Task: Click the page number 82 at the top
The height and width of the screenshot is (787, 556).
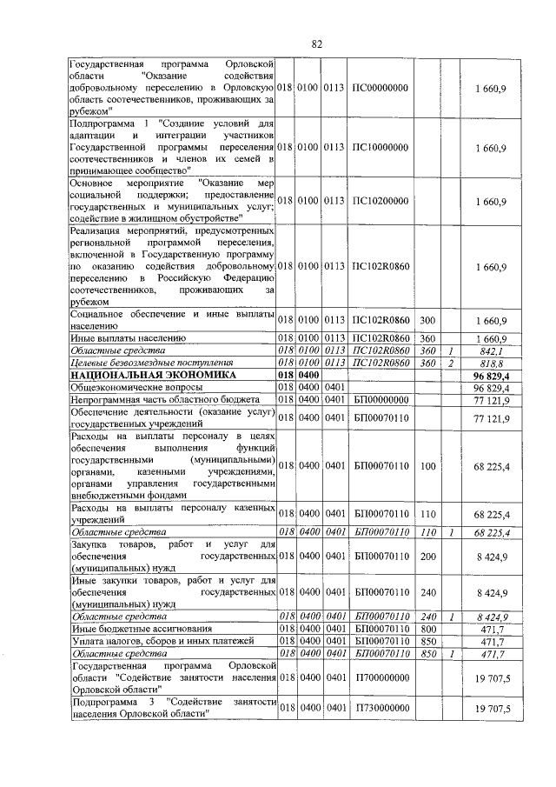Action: (x=317, y=43)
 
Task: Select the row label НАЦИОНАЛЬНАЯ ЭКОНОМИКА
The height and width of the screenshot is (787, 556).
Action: (x=139, y=374)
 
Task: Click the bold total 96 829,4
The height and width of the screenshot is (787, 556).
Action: (x=490, y=374)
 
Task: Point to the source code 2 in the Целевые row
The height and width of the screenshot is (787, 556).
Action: (x=452, y=362)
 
